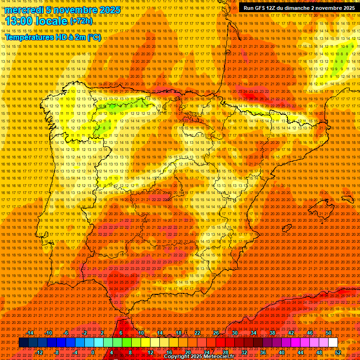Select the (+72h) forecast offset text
pos(81,21)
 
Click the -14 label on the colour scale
pos(30,333)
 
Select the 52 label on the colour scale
pos(338,352)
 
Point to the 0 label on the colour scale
pos(93,352)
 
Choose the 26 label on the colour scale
pos(216,333)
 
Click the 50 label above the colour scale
pos(328,333)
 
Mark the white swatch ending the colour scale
pos(333,343)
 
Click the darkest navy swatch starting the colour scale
pos(23,343)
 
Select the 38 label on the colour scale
pos(272,333)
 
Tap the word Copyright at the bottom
pos(177,357)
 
